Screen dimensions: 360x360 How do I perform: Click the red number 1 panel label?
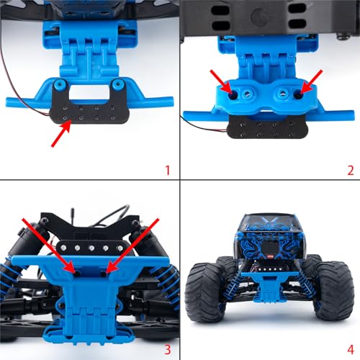click(x=168, y=170)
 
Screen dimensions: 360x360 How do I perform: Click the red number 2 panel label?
click(x=351, y=170)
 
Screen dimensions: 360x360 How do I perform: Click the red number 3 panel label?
click(x=168, y=350)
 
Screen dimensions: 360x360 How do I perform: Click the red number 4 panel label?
click(x=351, y=350)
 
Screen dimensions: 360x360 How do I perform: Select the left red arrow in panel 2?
click(x=221, y=82)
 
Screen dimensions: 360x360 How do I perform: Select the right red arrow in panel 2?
click(x=312, y=82)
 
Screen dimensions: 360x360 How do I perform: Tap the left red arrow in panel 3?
click(x=48, y=246)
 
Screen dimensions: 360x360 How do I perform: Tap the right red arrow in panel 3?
click(x=132, y=246)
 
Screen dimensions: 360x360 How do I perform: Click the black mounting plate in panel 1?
click(x=89, y=110)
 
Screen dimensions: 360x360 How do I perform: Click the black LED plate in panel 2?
click(x=267, y=129)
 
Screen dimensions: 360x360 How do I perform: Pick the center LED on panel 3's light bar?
click(x=91, y=248)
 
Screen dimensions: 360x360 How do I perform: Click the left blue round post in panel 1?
click(x=59, y=84)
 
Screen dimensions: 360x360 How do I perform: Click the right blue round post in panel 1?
click(x=118, y=84)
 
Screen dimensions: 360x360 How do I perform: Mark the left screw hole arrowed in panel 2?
click(x=233, y=96)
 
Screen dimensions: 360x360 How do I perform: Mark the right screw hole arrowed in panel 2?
click(x=298, y=95)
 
